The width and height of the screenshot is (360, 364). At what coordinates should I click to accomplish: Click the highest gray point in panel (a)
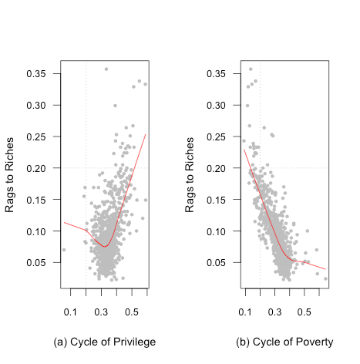click(106, 69)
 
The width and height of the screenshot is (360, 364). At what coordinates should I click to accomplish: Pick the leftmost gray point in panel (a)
click(64, 250)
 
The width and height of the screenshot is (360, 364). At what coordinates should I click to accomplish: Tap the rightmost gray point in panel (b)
click(326, 278)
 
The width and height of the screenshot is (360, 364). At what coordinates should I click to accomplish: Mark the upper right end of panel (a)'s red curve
click(146, 134)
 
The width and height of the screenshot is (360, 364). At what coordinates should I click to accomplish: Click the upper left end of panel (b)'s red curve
click(244, 149)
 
